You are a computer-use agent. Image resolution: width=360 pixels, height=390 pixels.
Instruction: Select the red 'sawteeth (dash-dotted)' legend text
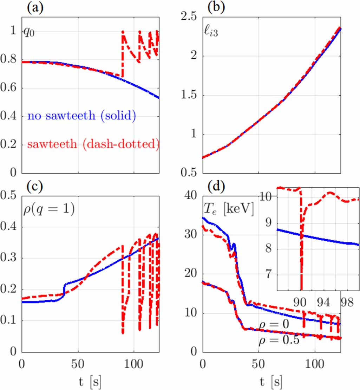[93, 144]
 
